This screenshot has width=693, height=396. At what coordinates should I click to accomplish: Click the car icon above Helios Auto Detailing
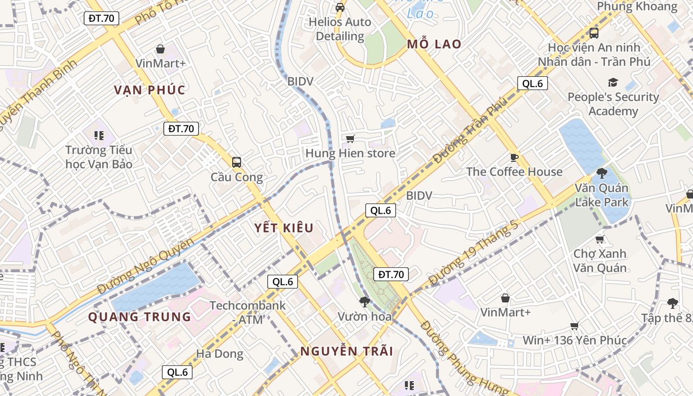[340, 7]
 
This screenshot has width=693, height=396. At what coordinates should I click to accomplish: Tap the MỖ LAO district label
[434, 44]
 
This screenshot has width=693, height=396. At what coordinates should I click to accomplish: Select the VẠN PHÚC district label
[149, 90]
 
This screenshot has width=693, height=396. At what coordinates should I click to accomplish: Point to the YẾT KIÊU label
[284, 228]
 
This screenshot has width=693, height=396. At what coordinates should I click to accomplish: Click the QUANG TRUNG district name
[140, 317]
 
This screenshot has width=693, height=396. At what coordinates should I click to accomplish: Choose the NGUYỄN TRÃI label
[346, 351]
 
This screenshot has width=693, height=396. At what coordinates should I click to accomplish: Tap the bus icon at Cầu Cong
[237, 162]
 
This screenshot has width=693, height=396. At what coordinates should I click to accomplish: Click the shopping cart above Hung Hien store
[350, 139]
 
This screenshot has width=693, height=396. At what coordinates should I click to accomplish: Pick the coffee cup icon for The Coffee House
[514, 157]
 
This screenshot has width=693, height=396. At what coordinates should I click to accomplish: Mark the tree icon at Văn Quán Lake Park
[602, 173]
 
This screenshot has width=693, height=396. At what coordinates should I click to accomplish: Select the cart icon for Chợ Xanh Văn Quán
[600, 240]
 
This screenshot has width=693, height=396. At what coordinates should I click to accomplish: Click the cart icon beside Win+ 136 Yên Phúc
[575, 326]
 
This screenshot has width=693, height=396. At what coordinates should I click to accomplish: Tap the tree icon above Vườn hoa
[365, 301]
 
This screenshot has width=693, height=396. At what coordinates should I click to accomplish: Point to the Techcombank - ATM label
[247, 312]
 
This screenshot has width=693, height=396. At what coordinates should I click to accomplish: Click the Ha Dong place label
[220, 354]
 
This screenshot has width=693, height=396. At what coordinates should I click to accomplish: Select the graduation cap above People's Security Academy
[613, 82]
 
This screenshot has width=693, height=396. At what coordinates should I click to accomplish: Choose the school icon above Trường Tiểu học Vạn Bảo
[99, 135]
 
